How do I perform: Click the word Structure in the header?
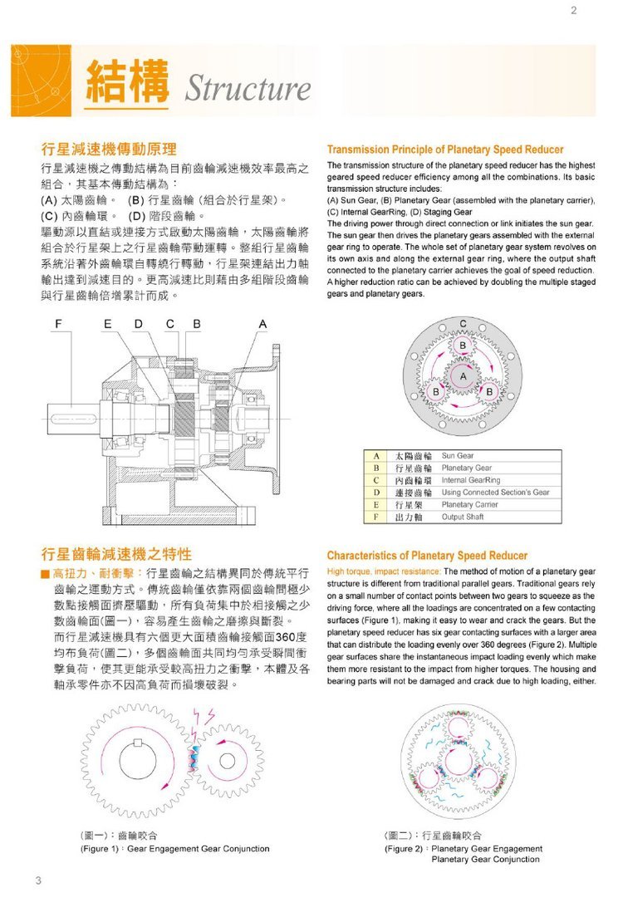(x=247, y=89)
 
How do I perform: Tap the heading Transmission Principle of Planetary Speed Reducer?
(x=445, y=150)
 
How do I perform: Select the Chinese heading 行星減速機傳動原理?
(x=109, y=150)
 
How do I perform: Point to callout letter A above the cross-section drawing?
(x=262, y=322)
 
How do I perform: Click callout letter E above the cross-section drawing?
(x=109, y=322)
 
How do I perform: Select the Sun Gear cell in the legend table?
(x=458, y=456)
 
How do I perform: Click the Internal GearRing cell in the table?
(x=471, y=480)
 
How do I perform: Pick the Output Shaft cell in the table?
(x=463, y=517)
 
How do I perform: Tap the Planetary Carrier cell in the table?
(x=469, y=504)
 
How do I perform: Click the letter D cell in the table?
(x=376, y=493)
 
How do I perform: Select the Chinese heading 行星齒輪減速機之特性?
(x=117, y=554)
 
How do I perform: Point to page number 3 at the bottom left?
(x=38, y=880)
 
